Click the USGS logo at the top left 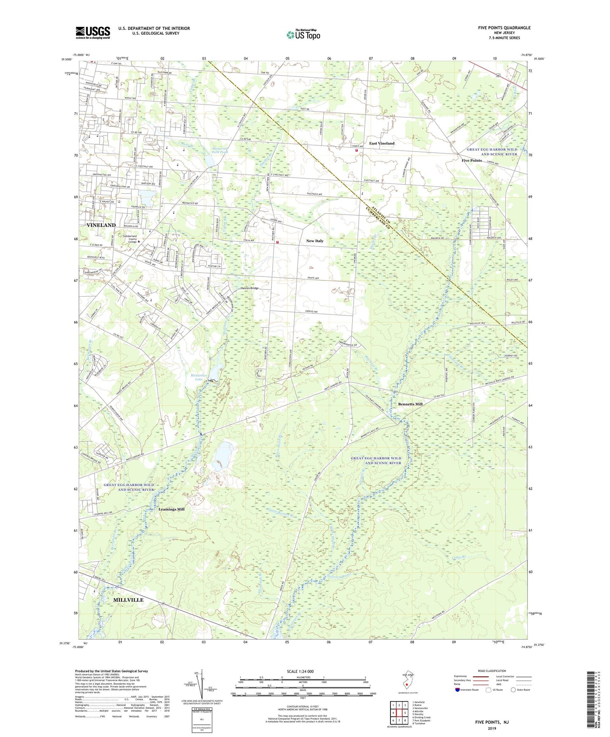pyautogui.click(x=93, y=33)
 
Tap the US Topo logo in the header pyautogui.click(x=303, y=35)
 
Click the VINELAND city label pyautogui.click(x=101, y=225)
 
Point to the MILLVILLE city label pyautogui.click(x=128, y=600)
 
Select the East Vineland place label pyautogui.click(x=382, y=144)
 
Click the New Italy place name pyautogui.click(x=314, y=241)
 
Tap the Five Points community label pyautogui.click(x=472, y=160)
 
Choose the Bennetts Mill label pyautogui.click(x=410, y=404)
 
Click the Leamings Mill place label pyautogui.click(x=171, y=509)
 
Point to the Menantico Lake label pyautogui.click(x=195, y=377)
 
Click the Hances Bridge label pyautogui.click(x=249, y=288)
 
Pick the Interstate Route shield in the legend pyautogui.click(x=458, y=690)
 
